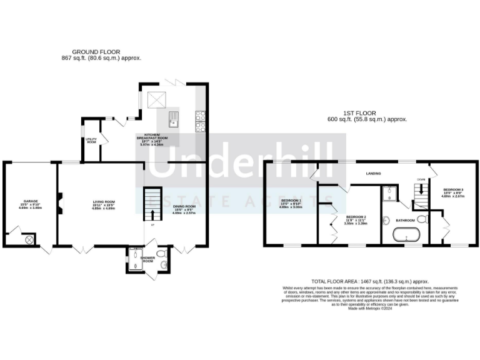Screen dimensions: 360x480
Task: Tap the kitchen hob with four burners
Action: (x=201, y=119)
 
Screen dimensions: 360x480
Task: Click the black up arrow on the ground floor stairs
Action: (x=152, y=216)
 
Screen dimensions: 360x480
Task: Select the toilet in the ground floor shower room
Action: (x=162, y=254)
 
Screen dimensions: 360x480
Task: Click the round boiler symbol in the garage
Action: (x=28, y=239)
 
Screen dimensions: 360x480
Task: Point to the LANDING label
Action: (x=374, y=173)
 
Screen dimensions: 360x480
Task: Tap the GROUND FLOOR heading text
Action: (x=96, y=52)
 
